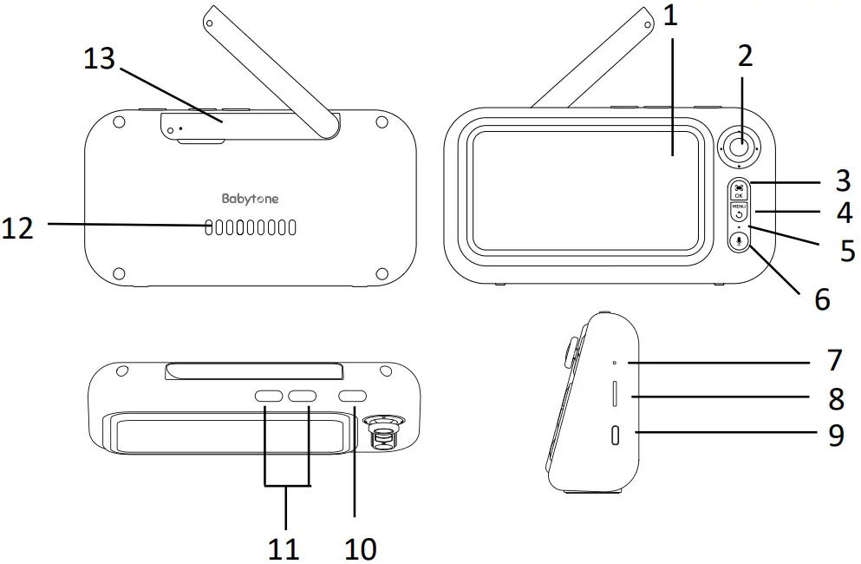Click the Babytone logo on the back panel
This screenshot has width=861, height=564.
coord(250,199)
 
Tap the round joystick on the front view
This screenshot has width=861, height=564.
coord(738,148)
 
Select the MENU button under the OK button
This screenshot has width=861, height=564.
coord(739,212)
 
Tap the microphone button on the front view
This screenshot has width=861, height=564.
coord(739,242)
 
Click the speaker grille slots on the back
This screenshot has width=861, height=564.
coord(251,227)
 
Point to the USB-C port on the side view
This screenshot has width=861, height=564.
coord(616,436)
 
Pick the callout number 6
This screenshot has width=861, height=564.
coord(821,299)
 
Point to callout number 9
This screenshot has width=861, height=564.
coord(835,435)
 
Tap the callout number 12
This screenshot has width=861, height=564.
coord(18,228)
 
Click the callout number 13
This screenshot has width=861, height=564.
coord(99,60)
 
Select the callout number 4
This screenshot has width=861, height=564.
coord(843,212)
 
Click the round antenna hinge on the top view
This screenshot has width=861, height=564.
coord(382,429)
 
